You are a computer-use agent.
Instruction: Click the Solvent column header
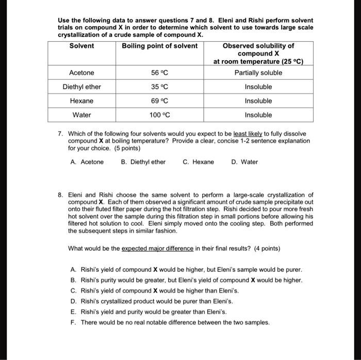[81, 46]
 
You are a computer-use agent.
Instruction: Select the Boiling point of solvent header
[159, 46]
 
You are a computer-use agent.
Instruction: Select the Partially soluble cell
[258, 73]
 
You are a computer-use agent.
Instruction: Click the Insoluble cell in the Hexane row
[258, 101]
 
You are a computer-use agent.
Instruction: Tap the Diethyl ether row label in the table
[81, 87]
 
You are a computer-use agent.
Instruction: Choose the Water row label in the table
[81, 115]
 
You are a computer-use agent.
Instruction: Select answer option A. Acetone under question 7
[87, 162]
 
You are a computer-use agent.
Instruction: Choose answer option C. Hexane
[198, 162]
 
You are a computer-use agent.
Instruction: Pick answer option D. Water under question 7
[245, 162]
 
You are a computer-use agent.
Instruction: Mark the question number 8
[60, 195]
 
